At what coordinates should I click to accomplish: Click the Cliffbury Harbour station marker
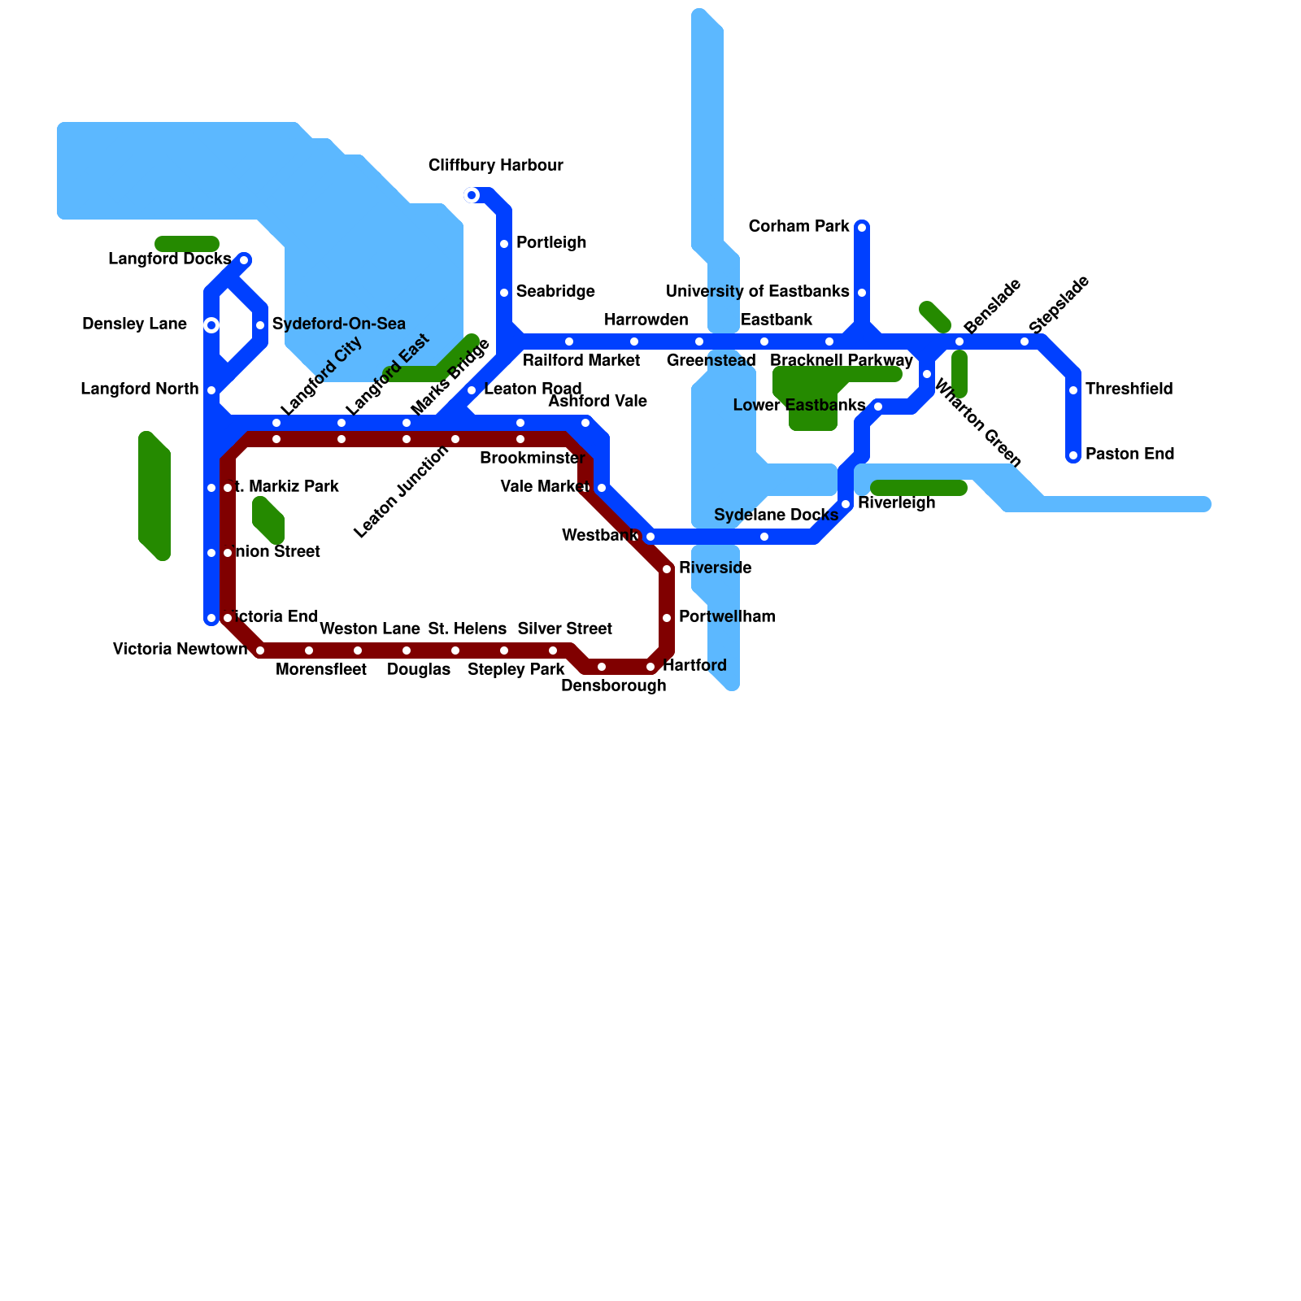click(x=472, y=195)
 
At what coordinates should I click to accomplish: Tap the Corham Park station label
click(x=798, y=227)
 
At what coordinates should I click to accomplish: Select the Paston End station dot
click(x=1073, y=455)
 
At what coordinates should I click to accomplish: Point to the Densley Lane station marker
click(x=211, y=325)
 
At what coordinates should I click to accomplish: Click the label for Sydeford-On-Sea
click(x=338, y=324)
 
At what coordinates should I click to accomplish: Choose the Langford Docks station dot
click(x=244, y=260)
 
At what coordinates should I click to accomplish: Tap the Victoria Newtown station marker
click(x=260, y=650)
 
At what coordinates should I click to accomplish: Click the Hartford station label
click(x=694, y=666)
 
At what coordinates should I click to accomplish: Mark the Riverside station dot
click(x=667, y=569)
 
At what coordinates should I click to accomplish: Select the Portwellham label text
click(x=727, y=617)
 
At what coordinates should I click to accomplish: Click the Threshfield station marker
click(x=1073, y=390)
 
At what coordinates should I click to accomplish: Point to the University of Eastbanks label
click(x=757, y=292)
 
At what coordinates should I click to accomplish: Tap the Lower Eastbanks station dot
click(x=878, y=407)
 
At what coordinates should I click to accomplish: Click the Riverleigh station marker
click(x=846, y=504)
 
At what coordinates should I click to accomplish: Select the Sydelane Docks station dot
click(x=764, y=537)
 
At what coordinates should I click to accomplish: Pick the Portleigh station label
click(x=551, y=243)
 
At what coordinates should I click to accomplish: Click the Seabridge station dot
click(x=504, y=293)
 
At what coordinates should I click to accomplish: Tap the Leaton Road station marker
click(x=472, y=390)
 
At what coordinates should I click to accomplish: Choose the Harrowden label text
click(x=646, y=320)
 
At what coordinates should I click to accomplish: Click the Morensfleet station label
click(x=320, y=670)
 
